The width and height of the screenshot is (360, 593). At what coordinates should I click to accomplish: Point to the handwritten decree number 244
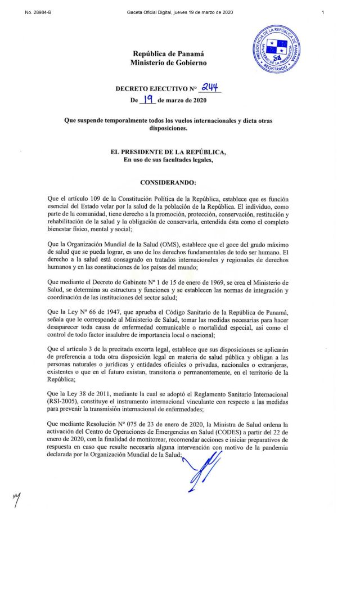(x=208, y=87)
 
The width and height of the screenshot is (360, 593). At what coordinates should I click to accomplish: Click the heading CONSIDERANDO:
(x=168, y=183)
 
